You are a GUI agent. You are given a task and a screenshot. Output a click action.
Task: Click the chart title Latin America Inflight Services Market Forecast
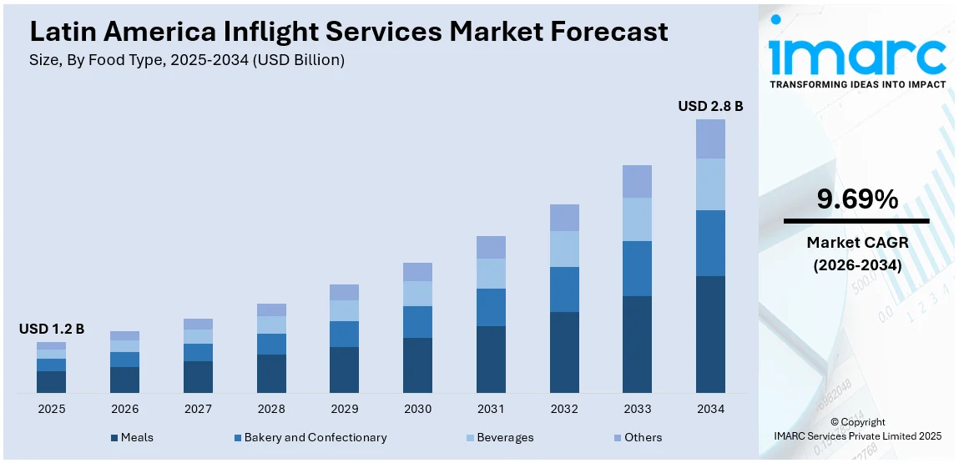click(x=349, y=32)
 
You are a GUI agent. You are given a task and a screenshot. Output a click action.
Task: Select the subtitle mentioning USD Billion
click(x=187, y=60)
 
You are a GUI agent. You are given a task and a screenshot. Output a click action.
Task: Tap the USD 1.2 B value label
click(x=52, y=329)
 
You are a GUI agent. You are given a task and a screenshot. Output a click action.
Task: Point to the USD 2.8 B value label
click(x=710, y=106)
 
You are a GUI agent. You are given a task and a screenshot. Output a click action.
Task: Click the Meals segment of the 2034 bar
click(x=710, y=334)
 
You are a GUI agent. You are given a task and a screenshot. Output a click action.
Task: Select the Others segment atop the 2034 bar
click(x=710, y=138)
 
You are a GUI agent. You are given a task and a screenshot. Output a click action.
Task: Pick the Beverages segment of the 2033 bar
click(x=637, y=219)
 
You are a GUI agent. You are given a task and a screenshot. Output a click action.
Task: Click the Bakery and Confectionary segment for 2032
click(x=564, y=289)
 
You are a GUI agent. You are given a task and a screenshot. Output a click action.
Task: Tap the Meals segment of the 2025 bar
click(x=51, y=382)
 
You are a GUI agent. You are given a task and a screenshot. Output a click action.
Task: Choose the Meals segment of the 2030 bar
click(x=417, y=365)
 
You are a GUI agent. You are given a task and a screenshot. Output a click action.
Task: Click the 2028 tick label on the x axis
click(x=271, y=410)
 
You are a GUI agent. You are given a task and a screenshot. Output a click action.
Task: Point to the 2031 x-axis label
click(x=491, y=410)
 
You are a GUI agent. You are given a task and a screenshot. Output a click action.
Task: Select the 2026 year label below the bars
click(x=124, y=410)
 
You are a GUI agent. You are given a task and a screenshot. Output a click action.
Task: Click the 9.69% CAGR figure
click(x=857, y=199)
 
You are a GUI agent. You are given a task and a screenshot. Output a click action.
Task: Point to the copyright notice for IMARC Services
click(x=858, y=429)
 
